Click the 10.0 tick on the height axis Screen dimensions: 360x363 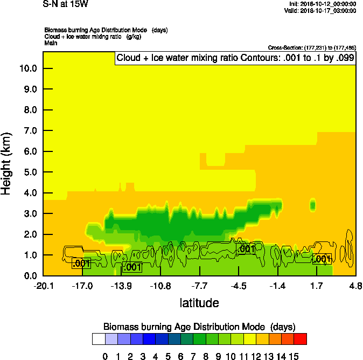click(x=28, y=68)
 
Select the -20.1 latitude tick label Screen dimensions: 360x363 click(x=43, y=285)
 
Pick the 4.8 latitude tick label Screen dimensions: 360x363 click(x=355, y=285)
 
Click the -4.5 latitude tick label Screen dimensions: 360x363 click(x=239, y=285)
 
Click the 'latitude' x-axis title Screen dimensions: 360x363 click(x=199, y=303)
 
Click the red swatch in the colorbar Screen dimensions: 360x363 click(x=301, y=339)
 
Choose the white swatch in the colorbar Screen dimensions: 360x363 click(x=98, y=339)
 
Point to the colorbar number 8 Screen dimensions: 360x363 click(x=206, y=356)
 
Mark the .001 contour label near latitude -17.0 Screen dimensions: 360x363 click(x=81, y=263)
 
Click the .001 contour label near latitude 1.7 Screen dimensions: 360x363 click(x=322, y=259)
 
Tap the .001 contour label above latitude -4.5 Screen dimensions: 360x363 click(x=246, y=249)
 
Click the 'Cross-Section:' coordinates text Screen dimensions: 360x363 click(x=311, y=48)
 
